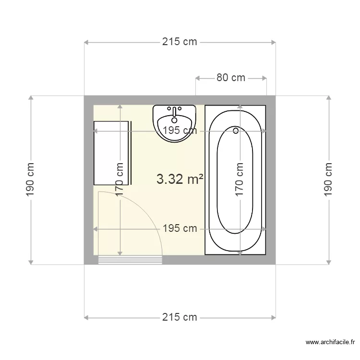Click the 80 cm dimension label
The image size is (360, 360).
231,78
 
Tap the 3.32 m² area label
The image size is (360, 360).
180,179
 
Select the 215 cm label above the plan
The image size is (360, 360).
180,42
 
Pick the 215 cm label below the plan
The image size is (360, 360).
180,317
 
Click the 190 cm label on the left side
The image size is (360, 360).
30,180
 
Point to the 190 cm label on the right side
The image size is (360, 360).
328,180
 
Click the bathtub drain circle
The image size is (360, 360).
236,131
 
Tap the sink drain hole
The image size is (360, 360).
175,120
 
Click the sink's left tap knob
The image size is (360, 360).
169,108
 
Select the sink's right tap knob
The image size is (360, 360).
180,108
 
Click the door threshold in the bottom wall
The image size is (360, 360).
130,260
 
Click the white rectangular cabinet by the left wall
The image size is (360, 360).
111,153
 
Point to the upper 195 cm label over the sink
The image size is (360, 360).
180,131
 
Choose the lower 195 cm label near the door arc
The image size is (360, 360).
180,228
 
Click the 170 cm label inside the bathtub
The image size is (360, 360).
240,180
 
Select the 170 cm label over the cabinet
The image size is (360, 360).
120,180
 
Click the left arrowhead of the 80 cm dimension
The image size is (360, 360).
197,78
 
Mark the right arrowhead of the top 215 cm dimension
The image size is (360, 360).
274,42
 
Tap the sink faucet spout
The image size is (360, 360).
175,112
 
